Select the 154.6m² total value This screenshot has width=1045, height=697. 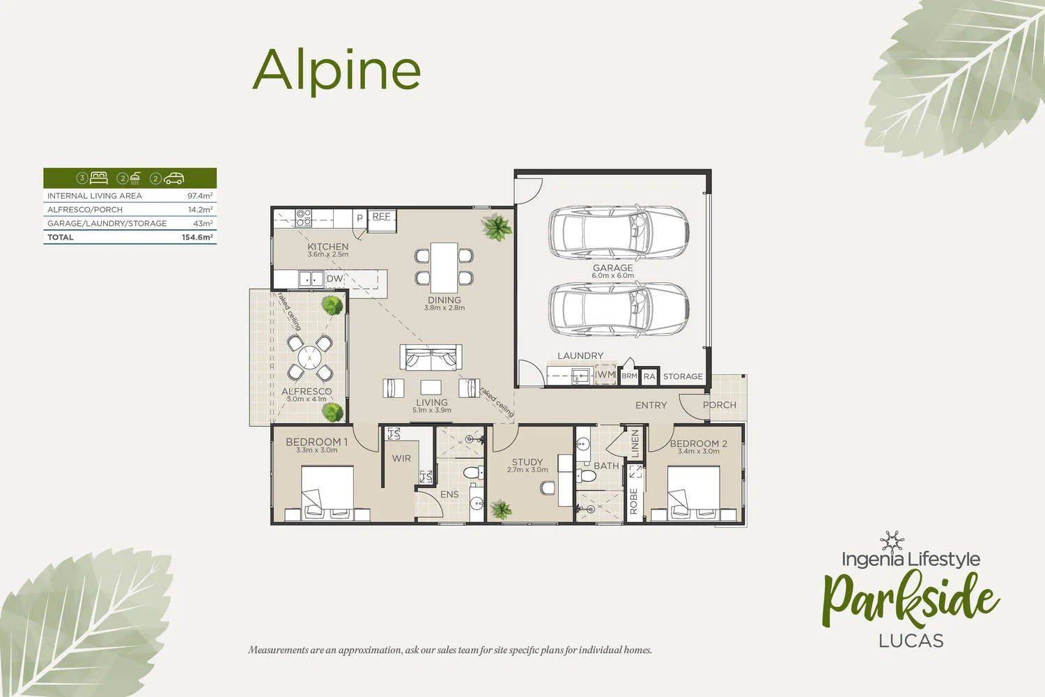click(x=197, y=238)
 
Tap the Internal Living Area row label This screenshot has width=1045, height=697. click(x=95, y=196)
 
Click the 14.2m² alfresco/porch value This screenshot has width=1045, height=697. click(x=200, y=210)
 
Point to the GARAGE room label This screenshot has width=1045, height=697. click(x=612, y=268)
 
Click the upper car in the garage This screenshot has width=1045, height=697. click(x=619, y=231)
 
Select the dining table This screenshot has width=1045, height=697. click(x=444, y=268)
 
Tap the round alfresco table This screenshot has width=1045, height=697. click(x=309, y=358)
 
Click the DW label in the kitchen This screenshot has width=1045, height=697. click(x=334, y=279)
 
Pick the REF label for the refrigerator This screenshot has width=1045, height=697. click(x=381, y=217)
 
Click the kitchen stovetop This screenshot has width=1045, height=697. click(x=304, y=218)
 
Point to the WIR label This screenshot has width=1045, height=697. click(x=401, y=459)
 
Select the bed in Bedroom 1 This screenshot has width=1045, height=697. click(x=327, y=492)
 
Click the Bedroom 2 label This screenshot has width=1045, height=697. click(x=698, y=443)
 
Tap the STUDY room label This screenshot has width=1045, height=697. click(x=527, y=462)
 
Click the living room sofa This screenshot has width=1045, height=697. click(x=431, y=358)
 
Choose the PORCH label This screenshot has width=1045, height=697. click(x=719, y=405)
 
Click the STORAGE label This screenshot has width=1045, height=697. click(x=683, y=376)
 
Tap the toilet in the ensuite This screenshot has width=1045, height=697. click(x=474, y=473)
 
